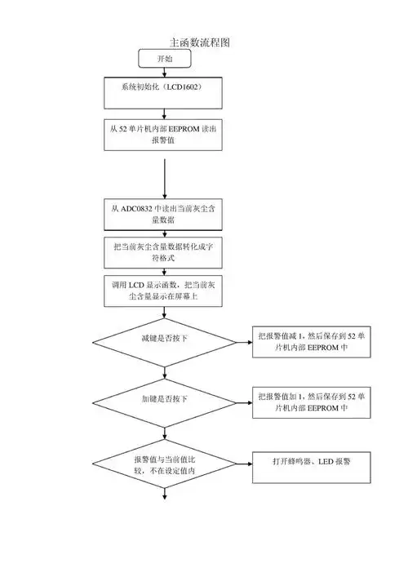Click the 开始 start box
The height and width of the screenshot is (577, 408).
[165, 59]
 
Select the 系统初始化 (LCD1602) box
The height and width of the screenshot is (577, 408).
[164, 91]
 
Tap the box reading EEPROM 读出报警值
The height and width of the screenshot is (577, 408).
[164, 135]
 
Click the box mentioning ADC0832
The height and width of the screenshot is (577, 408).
[164, 215]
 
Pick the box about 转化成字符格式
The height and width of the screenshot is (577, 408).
[164, 253]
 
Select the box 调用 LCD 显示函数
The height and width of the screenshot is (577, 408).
[164, 291]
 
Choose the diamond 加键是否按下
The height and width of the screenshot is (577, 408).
[164, 399]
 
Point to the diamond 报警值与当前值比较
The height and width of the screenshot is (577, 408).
[164, 464]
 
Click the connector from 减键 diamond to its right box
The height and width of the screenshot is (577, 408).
[242, 339]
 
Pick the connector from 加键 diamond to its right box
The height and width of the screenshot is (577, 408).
[242, 399]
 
